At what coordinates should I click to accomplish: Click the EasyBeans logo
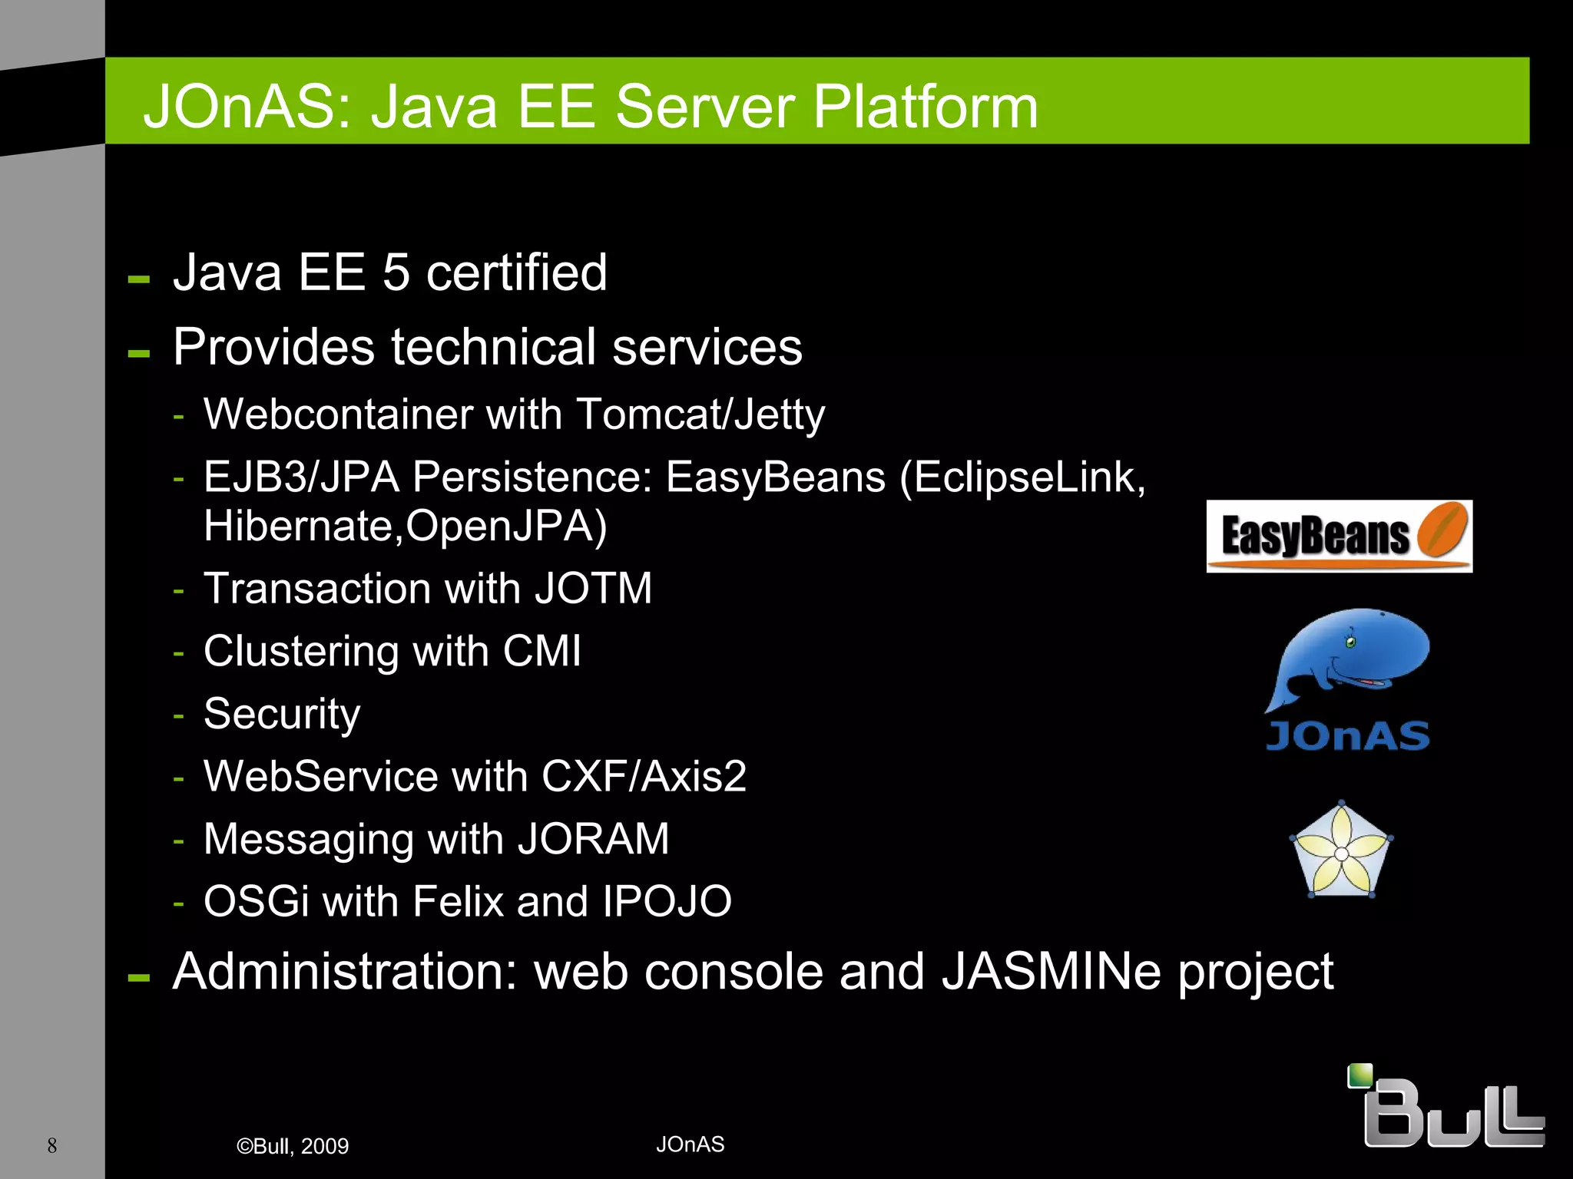(x=1338, y=536)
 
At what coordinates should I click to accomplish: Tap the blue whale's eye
(x=1351, y=642)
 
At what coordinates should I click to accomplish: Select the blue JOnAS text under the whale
(x=1347, y=735)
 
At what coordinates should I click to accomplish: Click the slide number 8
(x=52, y=1145)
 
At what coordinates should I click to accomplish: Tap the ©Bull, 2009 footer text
(x=293, y=1146)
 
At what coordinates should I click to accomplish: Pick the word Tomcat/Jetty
(x=700, y=414)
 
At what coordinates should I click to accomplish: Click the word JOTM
(x=593, y=589)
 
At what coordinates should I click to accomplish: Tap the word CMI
(x=541, y=652)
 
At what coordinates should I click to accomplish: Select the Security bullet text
(x=282, y=714)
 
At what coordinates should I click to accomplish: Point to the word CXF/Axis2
(x=644, y=776)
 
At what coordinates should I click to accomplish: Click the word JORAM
(x=593, y=839)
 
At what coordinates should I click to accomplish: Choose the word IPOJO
(x=667, y=901)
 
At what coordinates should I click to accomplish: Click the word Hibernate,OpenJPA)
(x=405, y=527)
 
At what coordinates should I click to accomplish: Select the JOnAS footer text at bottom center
(x=690, y=1144)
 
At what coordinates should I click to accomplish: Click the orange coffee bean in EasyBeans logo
(x=1442, y=529)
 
